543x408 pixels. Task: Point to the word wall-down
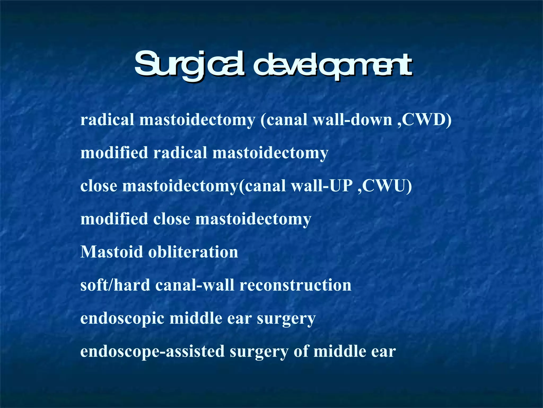[x=353, y=120]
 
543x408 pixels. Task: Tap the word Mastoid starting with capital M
[x=111, y=252]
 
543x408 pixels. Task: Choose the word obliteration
[x=193, y=252]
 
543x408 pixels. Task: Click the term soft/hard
[x=115, y=285]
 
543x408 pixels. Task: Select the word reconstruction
[x=295, y=285]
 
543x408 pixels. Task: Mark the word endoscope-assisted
[x=152, y=351]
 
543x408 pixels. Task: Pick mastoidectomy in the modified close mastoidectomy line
[x=253, y=219]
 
